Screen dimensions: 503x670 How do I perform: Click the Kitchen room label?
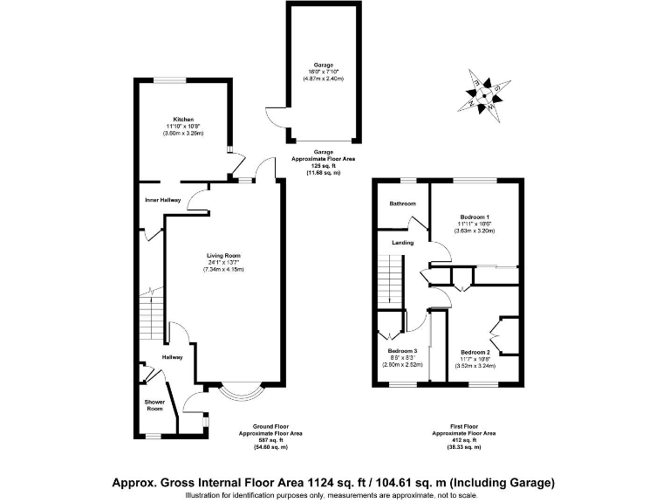182,120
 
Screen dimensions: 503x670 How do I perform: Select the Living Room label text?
223,256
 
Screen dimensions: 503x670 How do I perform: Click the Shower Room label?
154,405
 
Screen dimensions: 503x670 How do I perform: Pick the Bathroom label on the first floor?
402,203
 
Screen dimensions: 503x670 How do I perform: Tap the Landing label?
402,242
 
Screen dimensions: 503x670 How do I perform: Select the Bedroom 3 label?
403,351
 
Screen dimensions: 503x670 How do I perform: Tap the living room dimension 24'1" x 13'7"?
223,263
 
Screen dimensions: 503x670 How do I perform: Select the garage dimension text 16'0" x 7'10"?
323,72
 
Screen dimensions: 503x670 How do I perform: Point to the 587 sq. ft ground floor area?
270,440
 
